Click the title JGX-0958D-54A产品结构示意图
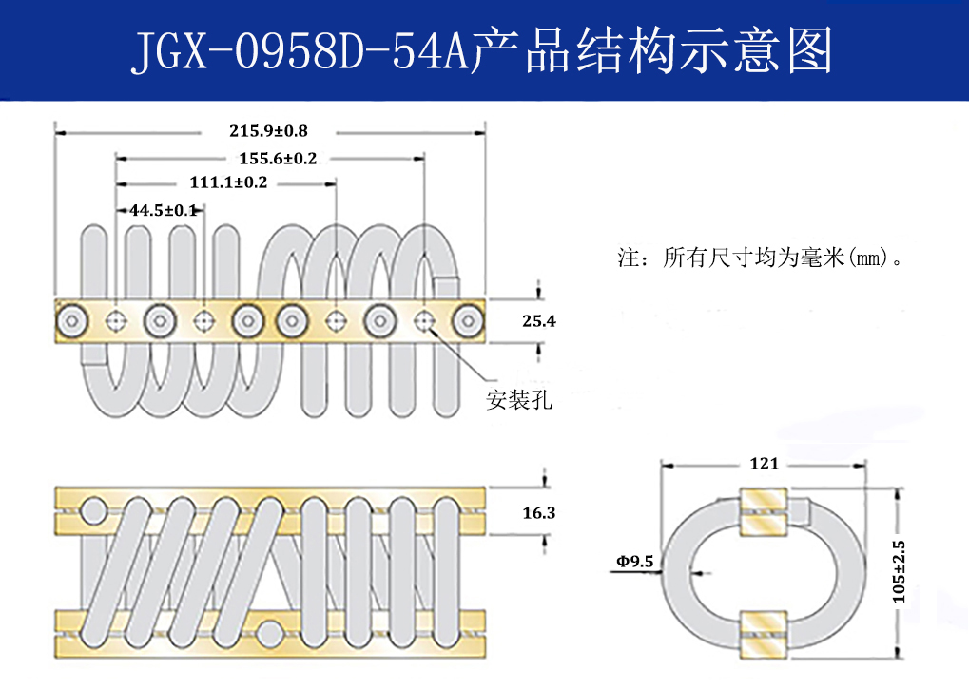[481, 51]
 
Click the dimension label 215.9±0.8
[268, 130]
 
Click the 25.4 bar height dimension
[538, 322]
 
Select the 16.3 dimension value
[538, 513]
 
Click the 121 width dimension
[764, 464]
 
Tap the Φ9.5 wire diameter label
[634, 562]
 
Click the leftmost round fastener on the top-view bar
[72, 321]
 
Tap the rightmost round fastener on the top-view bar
[468, 321]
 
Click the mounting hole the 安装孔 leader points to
[423, 321]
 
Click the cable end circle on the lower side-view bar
[271, 633]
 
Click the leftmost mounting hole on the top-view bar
[116, 321]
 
